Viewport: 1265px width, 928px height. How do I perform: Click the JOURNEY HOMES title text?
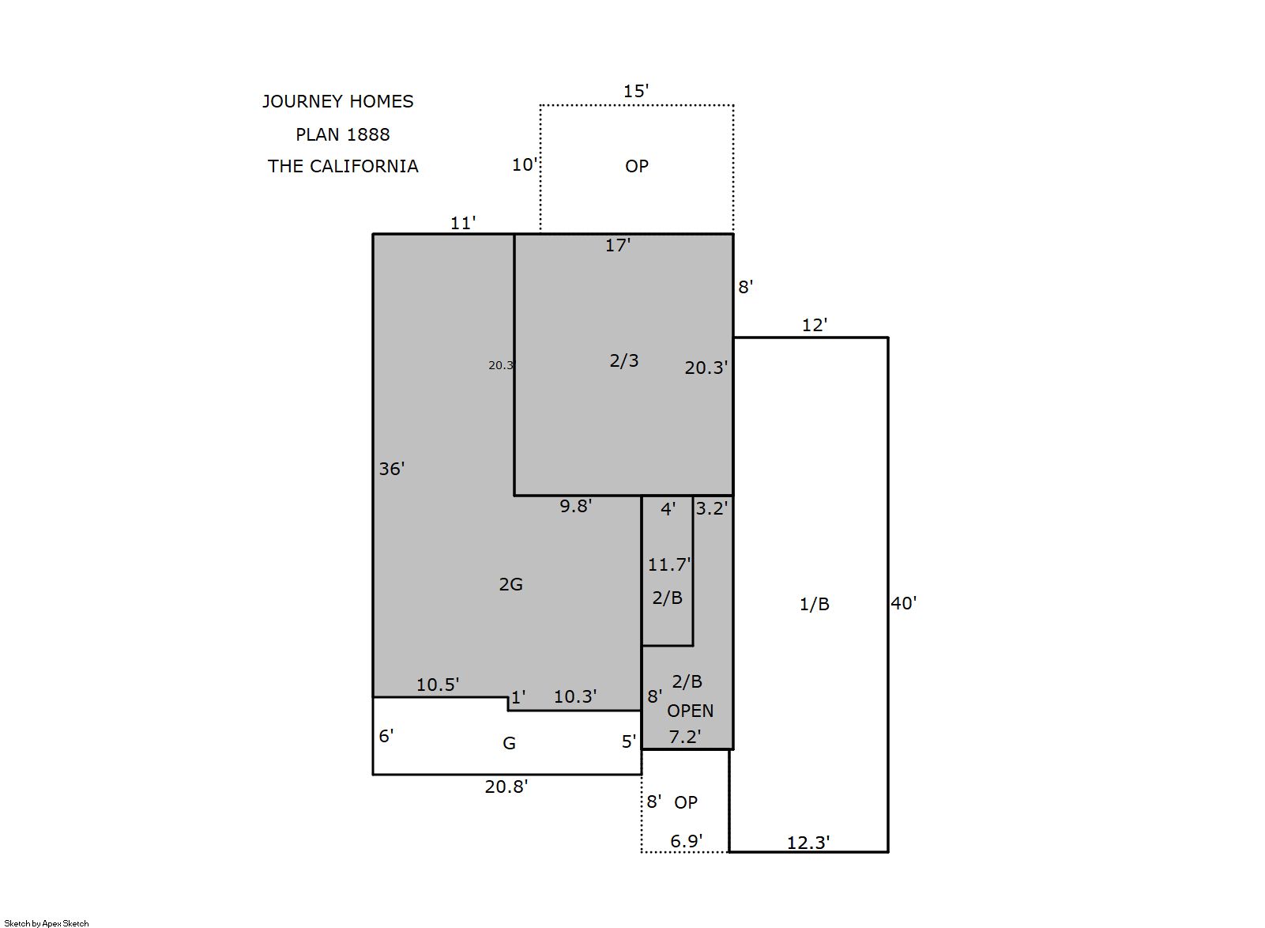[x=337, y=102]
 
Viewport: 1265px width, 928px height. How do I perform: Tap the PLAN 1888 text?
[x=343, y=134]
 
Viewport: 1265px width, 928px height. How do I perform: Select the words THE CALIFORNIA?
[x=343, y=166]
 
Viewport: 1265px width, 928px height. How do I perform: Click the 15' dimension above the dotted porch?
[x=636, y=91]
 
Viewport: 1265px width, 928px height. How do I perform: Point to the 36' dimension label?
[x=391, y=469]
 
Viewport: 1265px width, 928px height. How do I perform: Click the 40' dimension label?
[x=904, y=603]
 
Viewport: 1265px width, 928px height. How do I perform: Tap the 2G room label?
[x=510, y=584]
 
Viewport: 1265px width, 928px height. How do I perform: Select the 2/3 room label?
[x=624, y=360]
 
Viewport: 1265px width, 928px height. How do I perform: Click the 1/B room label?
[x=815, y=605]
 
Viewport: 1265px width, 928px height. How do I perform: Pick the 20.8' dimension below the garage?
[x=506, y=787]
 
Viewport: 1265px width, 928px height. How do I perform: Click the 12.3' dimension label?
[x=808, y=843]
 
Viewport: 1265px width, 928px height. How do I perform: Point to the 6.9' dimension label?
[x=686, y=842]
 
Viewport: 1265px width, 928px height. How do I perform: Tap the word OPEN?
[x=690, y=711]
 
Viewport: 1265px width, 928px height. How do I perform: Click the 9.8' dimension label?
[x=575, y=506]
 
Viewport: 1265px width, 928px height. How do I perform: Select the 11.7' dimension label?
[x=669, y=564]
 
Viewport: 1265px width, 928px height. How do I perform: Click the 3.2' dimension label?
[x=712, y=508]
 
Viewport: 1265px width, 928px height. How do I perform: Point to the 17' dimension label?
[x=618, y=245]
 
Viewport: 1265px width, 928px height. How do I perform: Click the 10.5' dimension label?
[x=438, y=685]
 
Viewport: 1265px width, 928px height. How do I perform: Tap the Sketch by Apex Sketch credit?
[x=47, y=923]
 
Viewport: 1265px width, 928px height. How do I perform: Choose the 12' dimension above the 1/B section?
[x=815, y=325]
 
